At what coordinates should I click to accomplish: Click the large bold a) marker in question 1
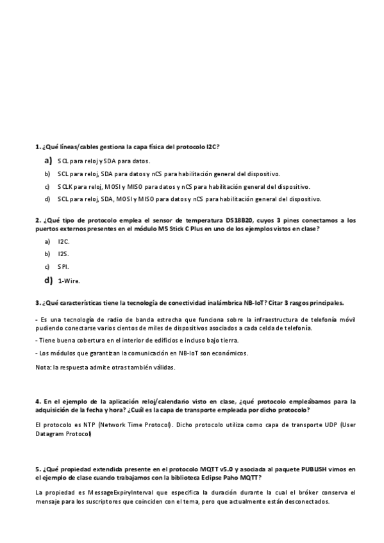click(48, 160)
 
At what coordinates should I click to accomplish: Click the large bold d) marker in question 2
click(48, 280)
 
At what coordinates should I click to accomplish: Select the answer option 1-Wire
click(69, 280)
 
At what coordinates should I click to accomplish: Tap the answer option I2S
click(63, 254)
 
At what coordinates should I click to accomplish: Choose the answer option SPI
click(63, 266)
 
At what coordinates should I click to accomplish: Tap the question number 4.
click(37, 401)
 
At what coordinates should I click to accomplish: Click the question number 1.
click(37, 147)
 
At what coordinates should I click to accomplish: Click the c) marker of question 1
click(47, 186)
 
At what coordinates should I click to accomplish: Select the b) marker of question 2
click(47, 254)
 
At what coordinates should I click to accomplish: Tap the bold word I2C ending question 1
click(212, 147)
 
